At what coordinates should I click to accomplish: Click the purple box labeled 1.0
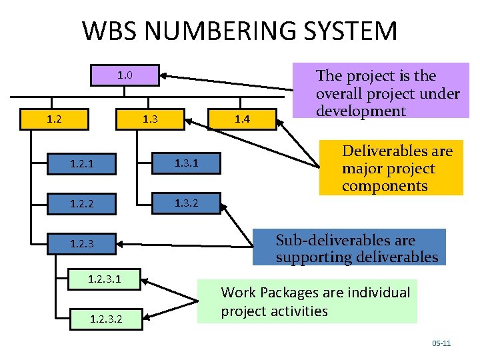tap(125, 75)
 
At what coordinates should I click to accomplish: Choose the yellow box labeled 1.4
tap(241, 119)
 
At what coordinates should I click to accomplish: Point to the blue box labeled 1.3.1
tap(186, 163)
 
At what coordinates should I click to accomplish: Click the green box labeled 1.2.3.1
tap(104, 279)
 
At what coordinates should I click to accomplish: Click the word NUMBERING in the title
tap(219, 31)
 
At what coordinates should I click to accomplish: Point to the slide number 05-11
tap(441, 343)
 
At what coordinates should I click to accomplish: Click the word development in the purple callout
tap(361, 111)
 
